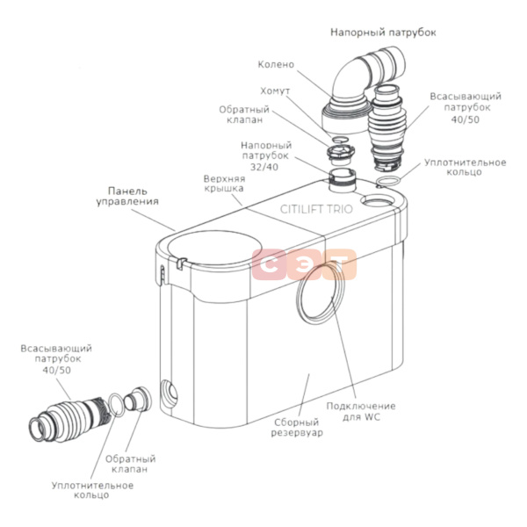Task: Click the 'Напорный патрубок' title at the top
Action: pyautogui.click(x=383, y=32)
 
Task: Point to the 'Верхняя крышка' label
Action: pyautogui.click(x=223, y=182)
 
